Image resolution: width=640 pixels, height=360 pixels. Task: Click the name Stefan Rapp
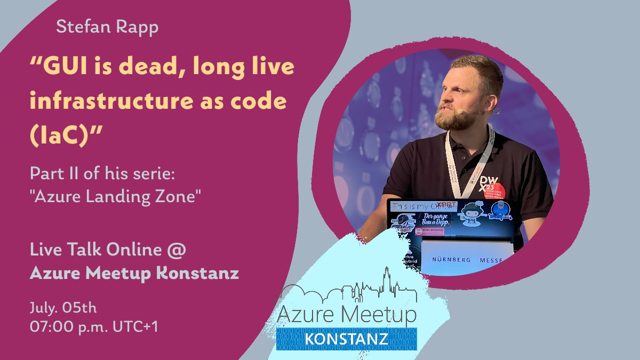[107, 27]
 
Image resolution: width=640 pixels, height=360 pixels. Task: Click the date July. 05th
[63, 308]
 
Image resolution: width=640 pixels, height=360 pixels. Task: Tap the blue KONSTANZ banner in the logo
[347, 339]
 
